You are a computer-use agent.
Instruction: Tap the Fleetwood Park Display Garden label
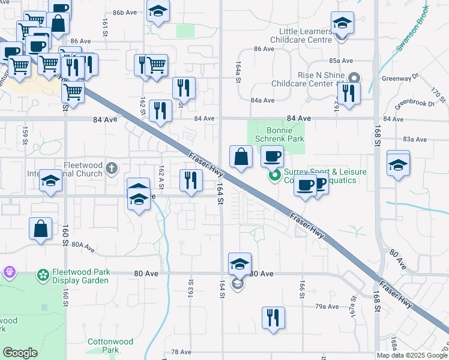point(80,276)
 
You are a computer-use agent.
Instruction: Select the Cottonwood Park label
point(102,345)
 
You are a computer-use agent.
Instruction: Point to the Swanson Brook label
point(411,28)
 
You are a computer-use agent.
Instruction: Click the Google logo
point(20,353)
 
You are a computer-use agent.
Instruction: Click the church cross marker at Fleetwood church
point(112,168)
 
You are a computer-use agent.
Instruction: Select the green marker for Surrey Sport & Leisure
point(275,176)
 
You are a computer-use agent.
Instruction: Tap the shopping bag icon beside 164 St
point(241,157)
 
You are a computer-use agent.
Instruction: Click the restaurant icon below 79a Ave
point(273,318)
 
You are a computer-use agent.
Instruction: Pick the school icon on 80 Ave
point(240,265)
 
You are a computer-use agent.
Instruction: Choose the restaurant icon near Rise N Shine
point(348,93)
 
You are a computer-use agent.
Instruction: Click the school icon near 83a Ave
point(398,163)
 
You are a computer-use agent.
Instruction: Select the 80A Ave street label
point(83,245)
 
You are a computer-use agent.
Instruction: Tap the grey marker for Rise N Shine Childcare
point(354,77)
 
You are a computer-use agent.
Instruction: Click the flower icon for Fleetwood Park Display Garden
point(43,275)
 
